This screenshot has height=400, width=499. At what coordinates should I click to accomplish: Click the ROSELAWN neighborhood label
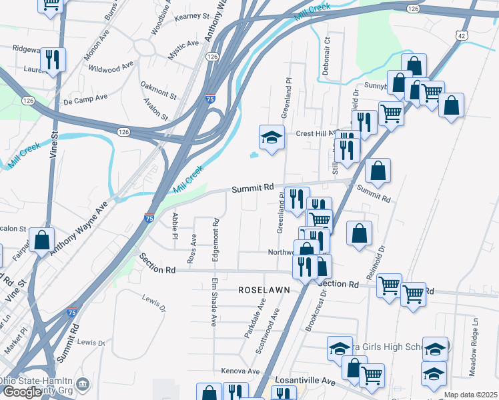tap(262, 291)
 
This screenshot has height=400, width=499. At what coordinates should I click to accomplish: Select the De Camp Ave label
tap(85, 98)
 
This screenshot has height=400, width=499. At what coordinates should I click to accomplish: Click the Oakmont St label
tap(159, 90)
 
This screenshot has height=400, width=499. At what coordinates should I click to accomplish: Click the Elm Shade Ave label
tap(213, 301)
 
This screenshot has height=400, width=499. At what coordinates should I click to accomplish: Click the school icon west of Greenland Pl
tap(271, 138)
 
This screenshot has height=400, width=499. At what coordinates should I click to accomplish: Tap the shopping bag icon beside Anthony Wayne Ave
tap(41, 241)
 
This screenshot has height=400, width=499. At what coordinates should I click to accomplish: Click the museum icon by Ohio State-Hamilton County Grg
tap(83, 384)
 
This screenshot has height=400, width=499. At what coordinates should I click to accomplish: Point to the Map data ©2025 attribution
tap(470, 395)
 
